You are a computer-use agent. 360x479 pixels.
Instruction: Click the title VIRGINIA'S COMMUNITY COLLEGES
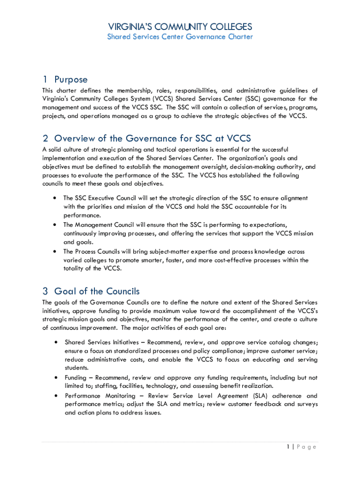[180, 27]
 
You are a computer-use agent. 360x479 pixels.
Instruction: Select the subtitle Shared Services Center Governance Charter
[180, 36]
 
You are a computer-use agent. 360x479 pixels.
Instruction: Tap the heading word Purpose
[71, 80]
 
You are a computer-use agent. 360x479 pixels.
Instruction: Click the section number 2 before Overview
[45, 138]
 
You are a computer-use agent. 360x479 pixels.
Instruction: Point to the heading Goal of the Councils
[97, 291]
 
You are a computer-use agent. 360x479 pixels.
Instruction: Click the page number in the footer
[288, 447]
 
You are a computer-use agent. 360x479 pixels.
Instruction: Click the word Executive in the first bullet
[101, 198]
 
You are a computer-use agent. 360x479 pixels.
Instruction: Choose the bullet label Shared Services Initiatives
[103, 342]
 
